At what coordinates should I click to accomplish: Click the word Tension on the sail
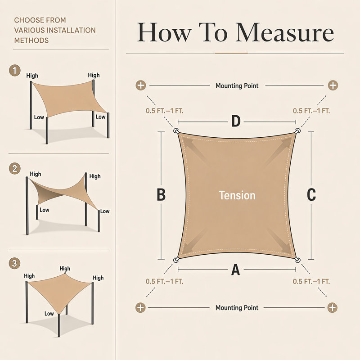point(237,195)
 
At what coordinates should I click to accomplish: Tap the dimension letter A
point(235,270)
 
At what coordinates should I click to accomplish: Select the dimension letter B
point(161,195)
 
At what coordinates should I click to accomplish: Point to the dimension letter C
point(311,195)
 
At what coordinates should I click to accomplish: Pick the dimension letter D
point(236,121)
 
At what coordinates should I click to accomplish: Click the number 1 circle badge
point(15,71)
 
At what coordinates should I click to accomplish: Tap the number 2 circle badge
point(15,169)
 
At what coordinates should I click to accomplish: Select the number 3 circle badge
point(14,263)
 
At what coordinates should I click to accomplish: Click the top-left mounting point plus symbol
point(141,85)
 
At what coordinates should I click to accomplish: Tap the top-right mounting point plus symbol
point(333,85)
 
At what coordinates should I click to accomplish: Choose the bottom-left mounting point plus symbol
point(140,307)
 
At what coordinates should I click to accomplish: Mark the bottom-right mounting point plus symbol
point(332,307)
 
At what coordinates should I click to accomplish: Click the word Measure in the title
point(285,32)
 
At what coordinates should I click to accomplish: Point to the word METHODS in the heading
point(31,40)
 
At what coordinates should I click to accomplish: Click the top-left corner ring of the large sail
point(176,131)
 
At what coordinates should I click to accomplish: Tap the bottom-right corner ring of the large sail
point(297,260)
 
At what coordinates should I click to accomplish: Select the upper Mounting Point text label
point(237,86)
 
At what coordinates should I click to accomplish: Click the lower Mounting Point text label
point(237,308)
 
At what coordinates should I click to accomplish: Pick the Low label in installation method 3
point(49,314)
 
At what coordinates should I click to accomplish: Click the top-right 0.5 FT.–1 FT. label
point(311,111)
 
